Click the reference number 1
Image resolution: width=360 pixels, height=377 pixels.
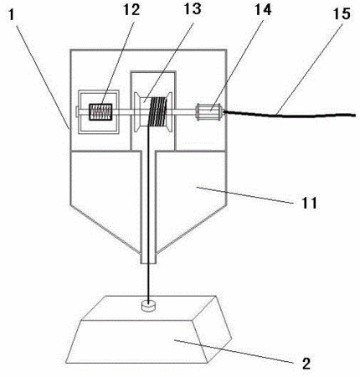coord(12,14)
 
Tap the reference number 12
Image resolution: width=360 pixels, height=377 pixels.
coord(131,10)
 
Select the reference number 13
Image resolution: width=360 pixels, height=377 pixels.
coord(193,8)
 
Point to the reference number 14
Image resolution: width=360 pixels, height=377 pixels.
coord(263,10)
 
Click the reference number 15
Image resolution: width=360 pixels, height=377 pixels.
coord(342,14)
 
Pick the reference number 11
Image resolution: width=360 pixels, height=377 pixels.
coord(309,203)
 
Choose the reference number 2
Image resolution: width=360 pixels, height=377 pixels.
coord(306,364)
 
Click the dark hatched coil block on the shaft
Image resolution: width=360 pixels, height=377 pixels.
coord(100,112)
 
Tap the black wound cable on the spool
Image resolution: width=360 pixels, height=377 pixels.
coord(157,111)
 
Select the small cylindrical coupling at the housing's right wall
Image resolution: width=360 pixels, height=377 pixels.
coord(209,111)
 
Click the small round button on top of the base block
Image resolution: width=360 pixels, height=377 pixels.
coord(148,305)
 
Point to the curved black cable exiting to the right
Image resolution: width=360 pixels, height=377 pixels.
coord(289,114)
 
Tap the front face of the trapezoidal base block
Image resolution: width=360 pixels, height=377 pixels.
coord(137,342)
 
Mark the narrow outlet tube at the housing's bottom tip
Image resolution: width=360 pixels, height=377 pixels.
coord(148,258)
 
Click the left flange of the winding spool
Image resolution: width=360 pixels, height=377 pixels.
coord(137,111)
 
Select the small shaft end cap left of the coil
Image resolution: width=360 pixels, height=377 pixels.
coord(77,111)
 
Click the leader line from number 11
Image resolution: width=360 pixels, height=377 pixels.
coord(245,195)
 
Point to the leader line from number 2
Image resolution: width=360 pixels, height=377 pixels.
coord(234,351)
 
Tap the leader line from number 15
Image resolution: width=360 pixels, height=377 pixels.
coord(310,68)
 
